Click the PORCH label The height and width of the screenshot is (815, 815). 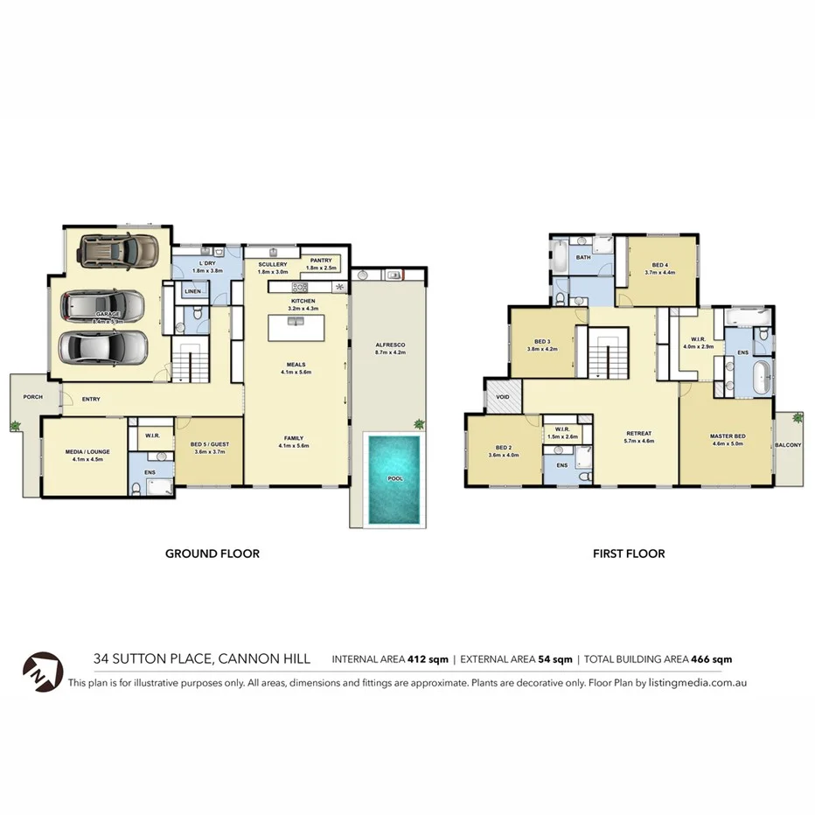click(x=32, y=397)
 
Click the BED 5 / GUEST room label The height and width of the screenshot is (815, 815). click(x=208, y=444)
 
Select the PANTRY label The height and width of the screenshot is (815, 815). click(x=320, y=260)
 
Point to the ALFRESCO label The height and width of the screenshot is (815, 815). click(x=389, y=345)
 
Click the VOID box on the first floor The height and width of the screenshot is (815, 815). click(x=503, y=396)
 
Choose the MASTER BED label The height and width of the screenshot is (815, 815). click(x=728, y=436)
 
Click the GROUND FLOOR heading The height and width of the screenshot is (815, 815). click(x=212, y=554)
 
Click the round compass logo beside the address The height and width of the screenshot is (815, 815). click(x=43, y=669)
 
